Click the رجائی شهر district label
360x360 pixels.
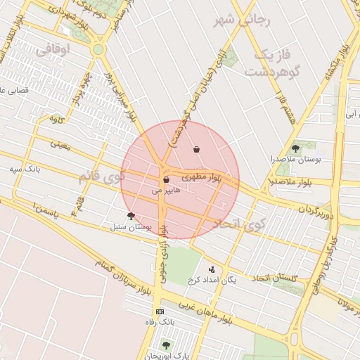coord(236,20)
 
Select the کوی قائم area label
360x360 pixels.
coord(101,177)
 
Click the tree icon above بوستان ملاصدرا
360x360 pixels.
coord(295,148)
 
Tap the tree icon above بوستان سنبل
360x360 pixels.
coord(130,216)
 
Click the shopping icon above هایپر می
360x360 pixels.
coord(166,180)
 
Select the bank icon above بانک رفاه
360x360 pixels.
coord(160,311)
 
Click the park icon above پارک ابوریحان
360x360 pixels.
coord(166,345)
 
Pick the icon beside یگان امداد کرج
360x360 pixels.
coord(211,269)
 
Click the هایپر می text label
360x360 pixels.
coord(167,191)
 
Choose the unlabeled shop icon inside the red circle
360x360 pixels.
coord(195,149)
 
